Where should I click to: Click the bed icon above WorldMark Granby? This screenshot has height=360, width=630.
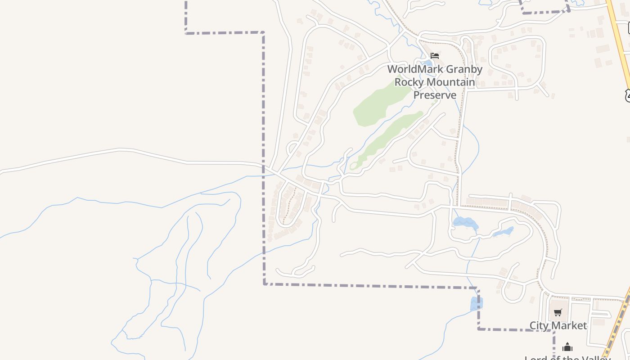click(435, 56)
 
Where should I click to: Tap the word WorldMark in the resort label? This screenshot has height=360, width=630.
click(413, 69)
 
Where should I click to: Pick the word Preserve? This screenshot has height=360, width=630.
click(435, 95)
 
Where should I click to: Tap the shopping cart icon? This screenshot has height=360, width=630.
click(558, 312)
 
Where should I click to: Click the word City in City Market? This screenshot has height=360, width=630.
click(539, 325)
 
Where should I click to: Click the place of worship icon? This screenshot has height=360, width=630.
click(567, 347)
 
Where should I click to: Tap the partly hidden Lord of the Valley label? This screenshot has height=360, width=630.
click(567, 358)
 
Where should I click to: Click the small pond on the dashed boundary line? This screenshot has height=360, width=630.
click(476, 304)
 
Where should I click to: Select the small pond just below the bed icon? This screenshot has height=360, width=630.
click(427, 63)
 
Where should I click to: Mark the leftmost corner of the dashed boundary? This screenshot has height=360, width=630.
click(186, 32)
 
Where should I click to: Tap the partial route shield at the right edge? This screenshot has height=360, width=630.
click(627, 95)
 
